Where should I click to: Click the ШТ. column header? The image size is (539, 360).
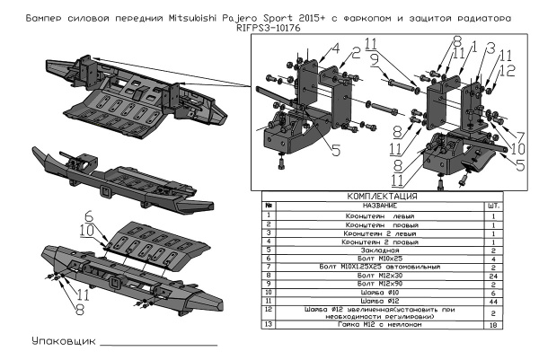click(493, 206)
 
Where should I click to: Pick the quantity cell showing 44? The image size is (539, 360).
click(493, 301)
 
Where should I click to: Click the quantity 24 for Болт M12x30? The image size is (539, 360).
click(493, 276)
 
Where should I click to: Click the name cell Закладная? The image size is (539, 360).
click(373, 250)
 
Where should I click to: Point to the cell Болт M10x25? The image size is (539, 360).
click(373, 259)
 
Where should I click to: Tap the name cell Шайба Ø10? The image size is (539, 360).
click(373, 293)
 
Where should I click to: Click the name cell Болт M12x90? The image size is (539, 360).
click(373, 284)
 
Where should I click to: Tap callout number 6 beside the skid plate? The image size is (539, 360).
click(89, 215)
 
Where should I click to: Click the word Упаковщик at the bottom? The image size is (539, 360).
click(62, 342)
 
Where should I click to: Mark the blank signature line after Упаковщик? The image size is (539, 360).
click(158, 345)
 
